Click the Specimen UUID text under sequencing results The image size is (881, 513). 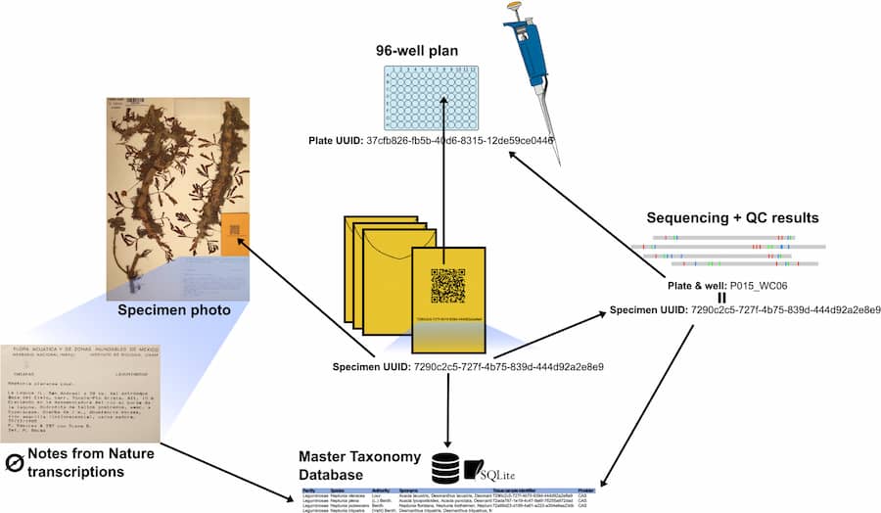[x=745, y=310]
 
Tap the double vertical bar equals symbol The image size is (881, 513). [x=721, y=298]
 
